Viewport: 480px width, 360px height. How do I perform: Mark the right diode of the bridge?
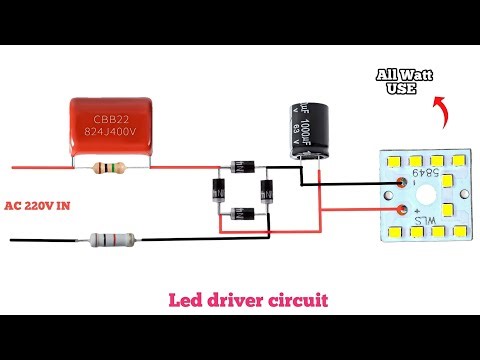point(268,190)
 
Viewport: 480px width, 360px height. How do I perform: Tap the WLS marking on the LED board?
point(410,220)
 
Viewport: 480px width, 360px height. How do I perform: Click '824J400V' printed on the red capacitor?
point(112,129)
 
